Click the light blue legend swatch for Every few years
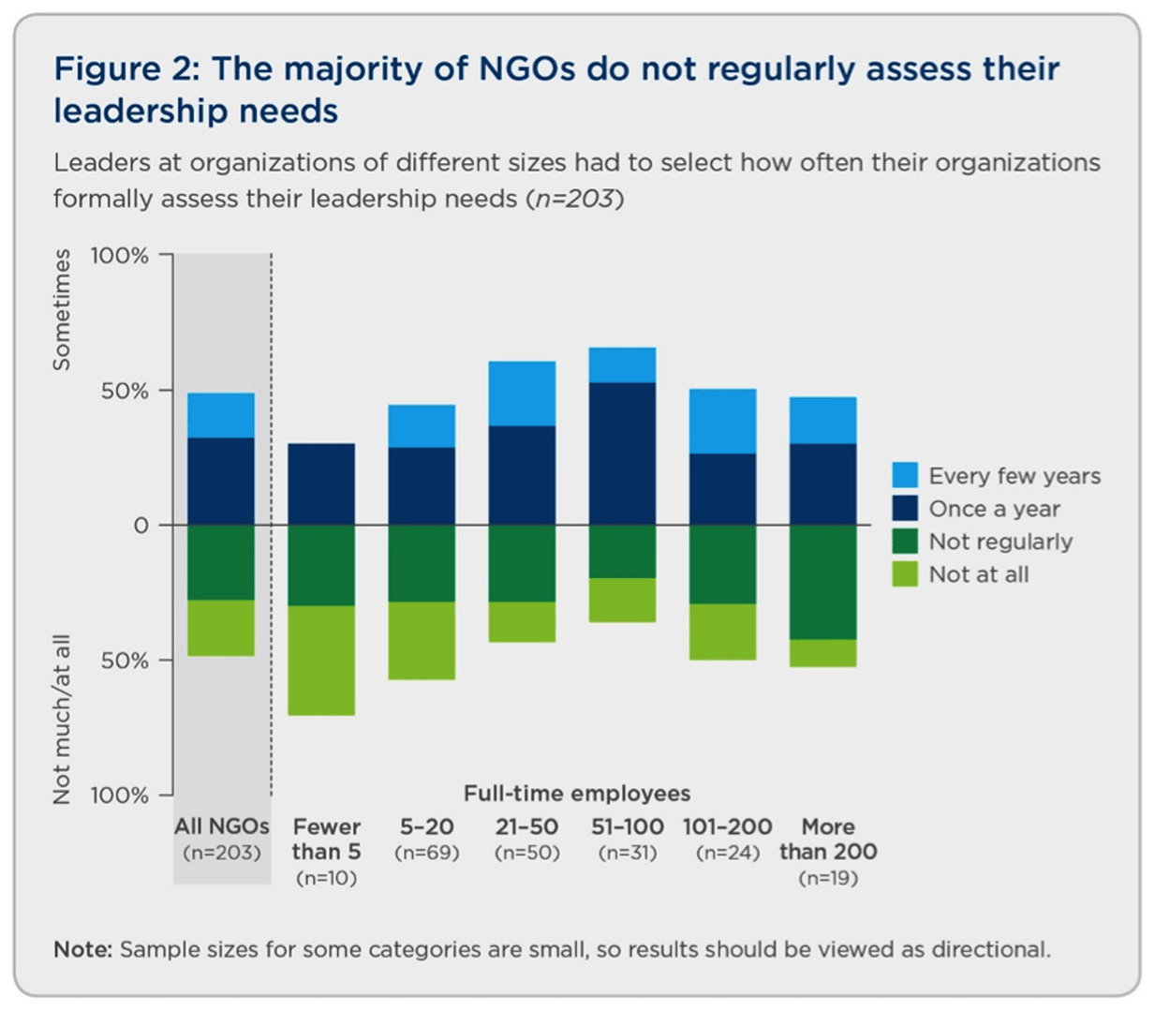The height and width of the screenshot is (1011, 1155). coord(904,475)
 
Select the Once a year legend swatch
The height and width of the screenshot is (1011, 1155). coord(904,508)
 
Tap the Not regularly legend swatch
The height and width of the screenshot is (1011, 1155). coord(904,541)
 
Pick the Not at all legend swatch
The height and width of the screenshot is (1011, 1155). coord(904,573)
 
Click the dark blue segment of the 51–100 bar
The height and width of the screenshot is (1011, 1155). coord(622,453)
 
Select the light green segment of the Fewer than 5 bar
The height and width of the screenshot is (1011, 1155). coord(321,661)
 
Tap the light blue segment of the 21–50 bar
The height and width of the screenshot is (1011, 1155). coord(522,394)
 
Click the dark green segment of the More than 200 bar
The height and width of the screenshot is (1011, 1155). coord(822,582)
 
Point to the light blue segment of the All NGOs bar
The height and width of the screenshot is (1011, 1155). coord(221,415)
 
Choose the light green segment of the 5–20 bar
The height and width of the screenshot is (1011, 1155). coord(422,641)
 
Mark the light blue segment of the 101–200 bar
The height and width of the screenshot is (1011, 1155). coord(722,421)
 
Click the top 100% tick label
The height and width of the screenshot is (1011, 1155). coord(119,256)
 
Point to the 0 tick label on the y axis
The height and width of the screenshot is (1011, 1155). coord(141,526)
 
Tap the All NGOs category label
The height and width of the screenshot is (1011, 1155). coord(222,826)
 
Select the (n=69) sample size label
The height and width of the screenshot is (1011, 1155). coord(427,853)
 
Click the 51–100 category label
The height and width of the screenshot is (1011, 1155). coord(628,826)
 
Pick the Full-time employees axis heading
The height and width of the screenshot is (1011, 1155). coord(577,794)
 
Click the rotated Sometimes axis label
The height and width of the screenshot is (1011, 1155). coord(62,310)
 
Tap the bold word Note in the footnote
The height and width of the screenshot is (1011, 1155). coord(83,949)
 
